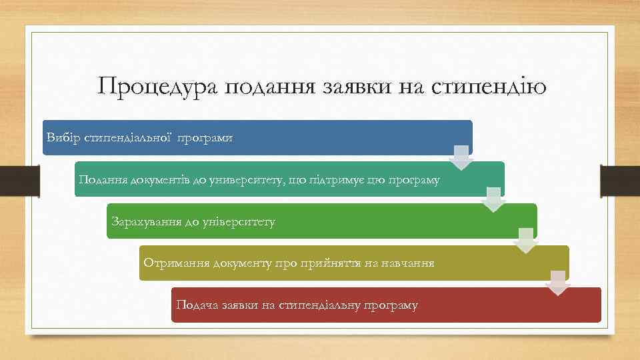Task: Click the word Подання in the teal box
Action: click(101, 179)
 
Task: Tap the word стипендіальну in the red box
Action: click(317, 305)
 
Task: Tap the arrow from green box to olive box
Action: click(526, 241)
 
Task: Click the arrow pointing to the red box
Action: click(558, 283)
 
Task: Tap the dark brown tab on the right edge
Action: click(620, 180)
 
